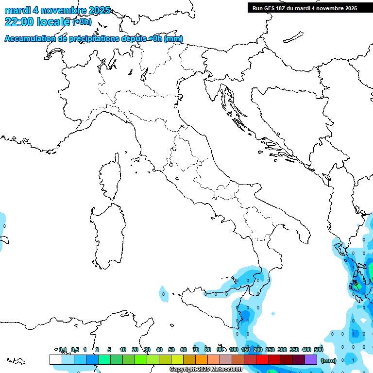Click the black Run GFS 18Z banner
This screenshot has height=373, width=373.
(305, 8)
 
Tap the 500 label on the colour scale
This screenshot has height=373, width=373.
(318, 350)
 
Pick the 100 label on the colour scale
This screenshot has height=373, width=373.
(234, 350)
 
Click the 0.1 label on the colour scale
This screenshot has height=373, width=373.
(63, 350)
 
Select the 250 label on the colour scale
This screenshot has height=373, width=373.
(270, 350)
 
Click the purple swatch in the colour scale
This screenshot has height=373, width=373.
(311, 360)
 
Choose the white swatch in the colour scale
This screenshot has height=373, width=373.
(55, 360)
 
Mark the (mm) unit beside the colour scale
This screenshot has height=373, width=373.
(328, 360)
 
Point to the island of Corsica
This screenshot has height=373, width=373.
(111, 177)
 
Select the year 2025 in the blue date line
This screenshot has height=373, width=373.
(97, 10)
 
